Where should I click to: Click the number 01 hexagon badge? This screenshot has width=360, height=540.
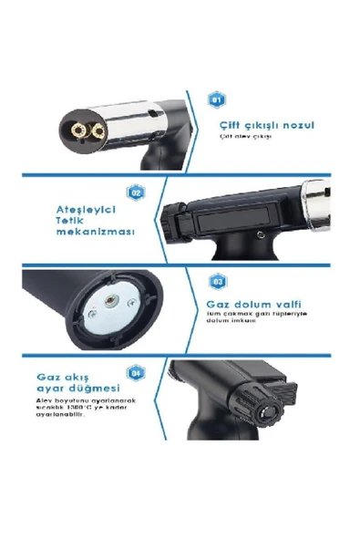tap(216, 99)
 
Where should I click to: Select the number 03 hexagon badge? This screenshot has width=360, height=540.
tap(217, 282)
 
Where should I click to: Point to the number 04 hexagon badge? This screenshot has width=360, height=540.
tap(136, 372)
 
